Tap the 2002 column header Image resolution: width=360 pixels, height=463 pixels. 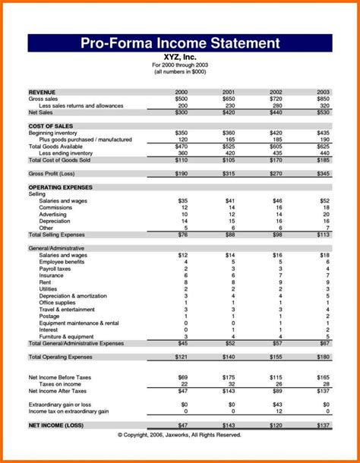275,91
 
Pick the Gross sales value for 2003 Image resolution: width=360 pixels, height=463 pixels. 323,98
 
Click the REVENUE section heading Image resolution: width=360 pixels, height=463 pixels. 43,91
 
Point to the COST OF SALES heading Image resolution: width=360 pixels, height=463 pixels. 51,125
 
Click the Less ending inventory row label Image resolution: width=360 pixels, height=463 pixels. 71,153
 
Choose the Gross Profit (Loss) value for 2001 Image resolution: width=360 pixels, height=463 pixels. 228,174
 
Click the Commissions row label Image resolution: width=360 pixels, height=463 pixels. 55,207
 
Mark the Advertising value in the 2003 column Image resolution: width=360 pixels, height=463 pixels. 324,214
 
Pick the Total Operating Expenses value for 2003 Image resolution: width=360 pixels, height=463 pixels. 323,356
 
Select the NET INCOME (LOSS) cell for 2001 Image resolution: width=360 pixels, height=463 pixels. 228,425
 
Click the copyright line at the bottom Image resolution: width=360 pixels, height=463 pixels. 179,435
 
